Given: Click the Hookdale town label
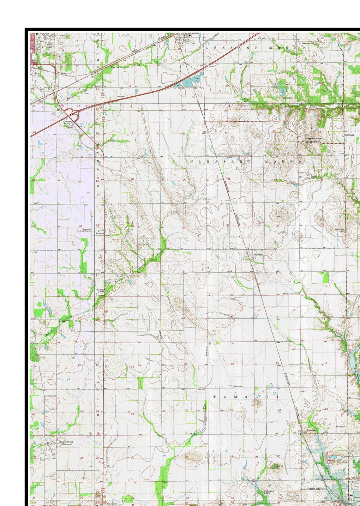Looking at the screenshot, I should point(258,254).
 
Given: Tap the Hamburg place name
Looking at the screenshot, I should point(350,135).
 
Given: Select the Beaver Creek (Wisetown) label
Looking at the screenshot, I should point(67,443).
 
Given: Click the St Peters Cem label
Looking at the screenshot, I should point(289,293).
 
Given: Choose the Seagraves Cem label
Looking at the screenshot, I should point(308,43).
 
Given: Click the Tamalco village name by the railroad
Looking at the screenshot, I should point(311,431).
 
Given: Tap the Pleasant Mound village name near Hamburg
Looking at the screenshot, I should point(314,138).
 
